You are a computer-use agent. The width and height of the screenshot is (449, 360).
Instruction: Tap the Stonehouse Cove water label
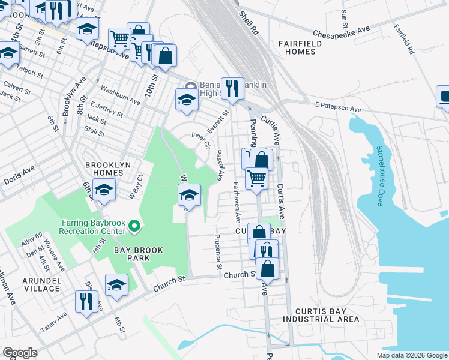pyautogui.click(x=379, y=176)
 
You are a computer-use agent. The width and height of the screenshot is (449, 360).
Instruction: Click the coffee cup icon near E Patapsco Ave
pyautogui.click(x=444, y=97)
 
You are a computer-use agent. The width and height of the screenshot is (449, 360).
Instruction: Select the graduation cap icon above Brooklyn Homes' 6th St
pyautogui.click(x=104, y=190)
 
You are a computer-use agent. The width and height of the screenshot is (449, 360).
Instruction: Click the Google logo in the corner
pyautogui.click(x=20, y=353)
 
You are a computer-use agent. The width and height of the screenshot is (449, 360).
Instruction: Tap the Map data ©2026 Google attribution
pyautogui.click(x=411, y=355)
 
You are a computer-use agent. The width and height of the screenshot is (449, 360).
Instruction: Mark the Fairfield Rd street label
pyautogui.click(x=405, y=40)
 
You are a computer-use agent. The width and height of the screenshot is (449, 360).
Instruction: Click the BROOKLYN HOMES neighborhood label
pyautogui.click(x=104, y=169)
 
